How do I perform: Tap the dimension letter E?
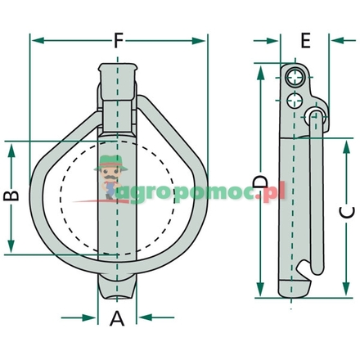304,40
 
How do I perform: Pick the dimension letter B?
11,196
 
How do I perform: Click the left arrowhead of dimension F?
34,40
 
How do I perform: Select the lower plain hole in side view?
295,101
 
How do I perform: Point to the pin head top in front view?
117,67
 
